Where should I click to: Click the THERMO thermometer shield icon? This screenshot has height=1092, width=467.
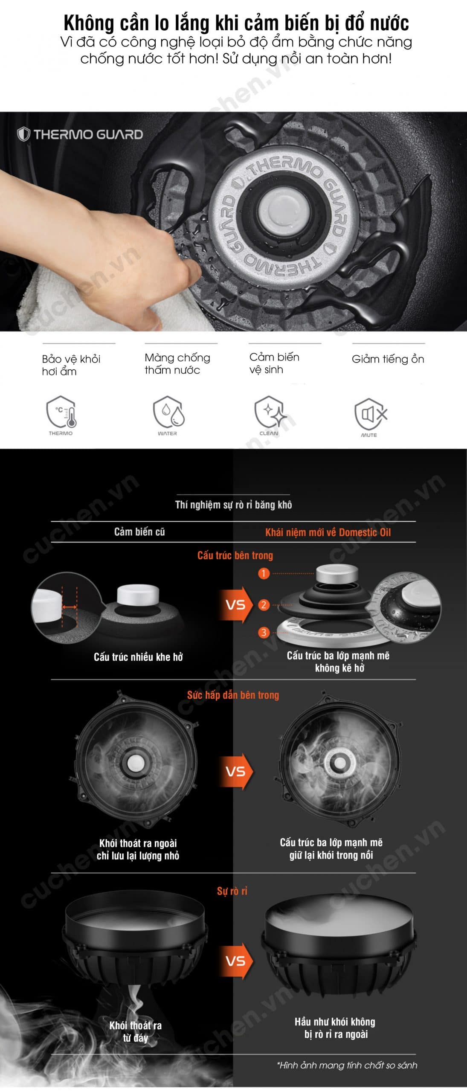point(61,412)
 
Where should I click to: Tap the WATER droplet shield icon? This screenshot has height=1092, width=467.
point(168,412)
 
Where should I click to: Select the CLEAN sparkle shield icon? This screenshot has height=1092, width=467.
point(270,412)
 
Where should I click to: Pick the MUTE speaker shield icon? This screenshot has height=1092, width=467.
point(370,414)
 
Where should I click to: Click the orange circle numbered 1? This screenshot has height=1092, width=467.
point(264,573)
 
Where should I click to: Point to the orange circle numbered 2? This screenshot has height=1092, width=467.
point(264,604)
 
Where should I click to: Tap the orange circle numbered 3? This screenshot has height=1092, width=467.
point(264,632)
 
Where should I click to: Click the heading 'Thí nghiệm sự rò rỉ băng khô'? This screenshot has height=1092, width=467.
point(234,505)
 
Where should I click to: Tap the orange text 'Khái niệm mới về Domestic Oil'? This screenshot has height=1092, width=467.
point(328,532)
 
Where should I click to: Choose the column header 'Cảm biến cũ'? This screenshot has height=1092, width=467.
point(139,531)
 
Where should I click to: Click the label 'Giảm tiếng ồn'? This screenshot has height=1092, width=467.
point(388,359)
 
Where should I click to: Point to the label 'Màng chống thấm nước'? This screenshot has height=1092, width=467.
point(177,363)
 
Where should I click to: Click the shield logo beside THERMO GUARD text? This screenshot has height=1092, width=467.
point(23,134)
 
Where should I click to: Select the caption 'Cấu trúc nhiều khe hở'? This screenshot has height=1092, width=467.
point(138,657)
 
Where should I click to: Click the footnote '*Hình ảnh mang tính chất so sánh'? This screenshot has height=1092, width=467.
point(347,1065)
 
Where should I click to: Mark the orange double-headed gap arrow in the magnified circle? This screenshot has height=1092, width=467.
point(70,607)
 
